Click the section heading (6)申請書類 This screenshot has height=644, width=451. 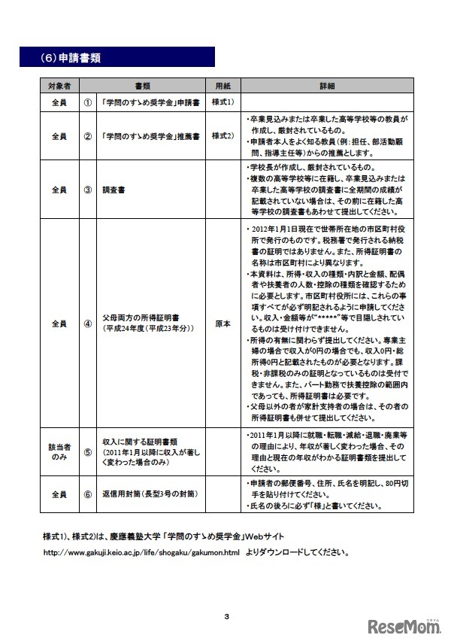(x=71, y=57)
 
